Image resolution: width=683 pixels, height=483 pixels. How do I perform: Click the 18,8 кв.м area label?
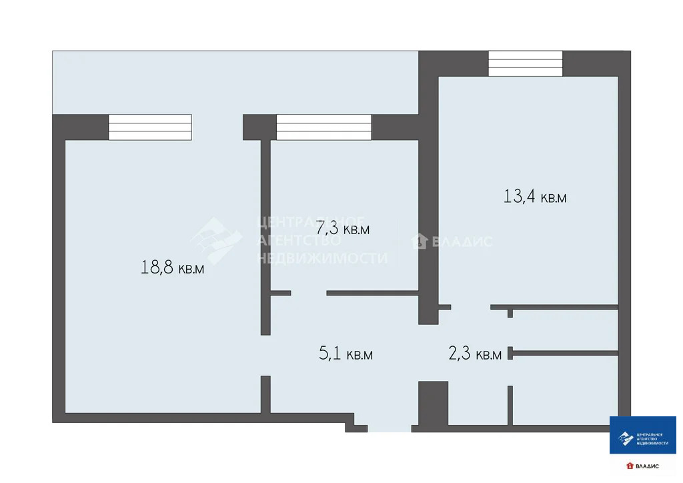point(172,268)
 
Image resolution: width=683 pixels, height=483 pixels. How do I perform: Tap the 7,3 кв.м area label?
point(343,229)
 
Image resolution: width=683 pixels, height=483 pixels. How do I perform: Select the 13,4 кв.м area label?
point(534,197)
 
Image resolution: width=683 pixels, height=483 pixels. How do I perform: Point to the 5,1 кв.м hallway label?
point(346,354)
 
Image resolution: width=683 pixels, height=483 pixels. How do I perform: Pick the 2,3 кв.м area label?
point(475,354)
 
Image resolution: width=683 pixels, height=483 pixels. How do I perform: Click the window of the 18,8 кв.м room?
point(150,127)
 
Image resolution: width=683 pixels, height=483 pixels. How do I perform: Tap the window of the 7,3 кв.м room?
point(323,127)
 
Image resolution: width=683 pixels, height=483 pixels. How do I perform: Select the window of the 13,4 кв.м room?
point(526,64)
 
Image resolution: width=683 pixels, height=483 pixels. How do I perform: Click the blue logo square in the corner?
point(642,435)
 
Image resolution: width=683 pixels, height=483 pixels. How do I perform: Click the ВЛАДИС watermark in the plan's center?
point(454,241)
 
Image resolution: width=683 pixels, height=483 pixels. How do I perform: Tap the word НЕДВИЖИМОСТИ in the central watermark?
point(323,258)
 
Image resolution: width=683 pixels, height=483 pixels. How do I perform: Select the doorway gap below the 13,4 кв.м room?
point(470,307)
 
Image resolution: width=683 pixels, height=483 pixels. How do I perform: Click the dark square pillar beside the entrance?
point(433,402)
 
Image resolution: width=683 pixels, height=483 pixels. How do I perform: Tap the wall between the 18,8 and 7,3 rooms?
point(265,233)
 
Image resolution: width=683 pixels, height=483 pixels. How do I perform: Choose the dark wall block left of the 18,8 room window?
point(80,127)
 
